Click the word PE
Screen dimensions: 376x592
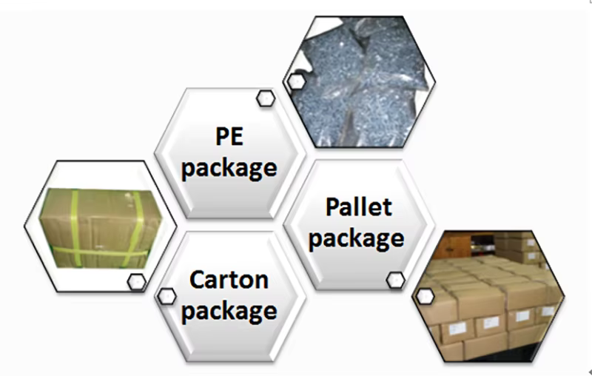pyautogui.click(x=229, y=138)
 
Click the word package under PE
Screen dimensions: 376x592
pyautogui.click(x=229, y=167)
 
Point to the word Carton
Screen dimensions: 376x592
pyautogui.click(x=229, y=281)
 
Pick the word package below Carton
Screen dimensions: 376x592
pyautogui.click(x=229, y=310)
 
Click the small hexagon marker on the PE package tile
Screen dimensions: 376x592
pyautogui.click(x=265, y=98)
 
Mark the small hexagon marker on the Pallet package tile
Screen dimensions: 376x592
pyautogui.click(x=396, y=280)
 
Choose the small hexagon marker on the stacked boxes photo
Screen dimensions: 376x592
pyautogui.click(x=425, y=296)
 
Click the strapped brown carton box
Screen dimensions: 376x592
pyautogui.click(x=100, y=226)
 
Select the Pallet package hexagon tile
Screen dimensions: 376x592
pyautogui.click(x=359, y=222)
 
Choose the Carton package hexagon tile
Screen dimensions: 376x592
pyautogui.click(x=229, y=296)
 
